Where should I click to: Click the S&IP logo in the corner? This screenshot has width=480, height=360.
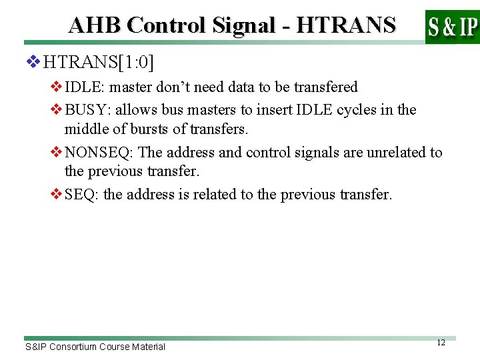click(x=452, y=26)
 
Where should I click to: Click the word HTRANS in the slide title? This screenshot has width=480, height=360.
click(x=345, y=25)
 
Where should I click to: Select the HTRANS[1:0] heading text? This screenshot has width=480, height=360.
click(x=99, y=63)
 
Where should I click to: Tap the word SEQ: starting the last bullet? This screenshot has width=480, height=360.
click(x=80, y=195)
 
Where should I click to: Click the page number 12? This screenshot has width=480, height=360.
click(x=441, y=343)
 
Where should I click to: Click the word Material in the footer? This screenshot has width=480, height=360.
click(x=148, y=347)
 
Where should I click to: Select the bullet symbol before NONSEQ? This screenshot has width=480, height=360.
click(x=56, y=153)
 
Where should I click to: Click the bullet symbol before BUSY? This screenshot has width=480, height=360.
click(x=56, y=110)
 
